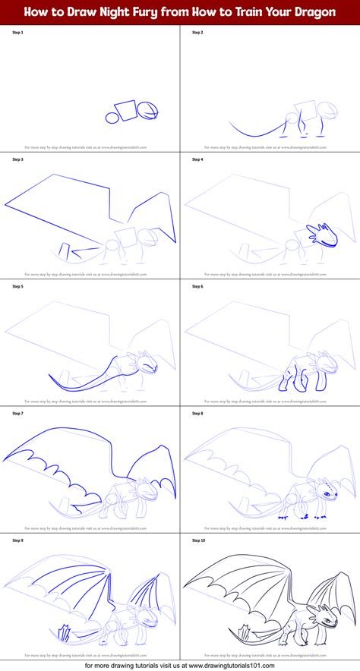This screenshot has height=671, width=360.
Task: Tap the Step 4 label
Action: (197, 160)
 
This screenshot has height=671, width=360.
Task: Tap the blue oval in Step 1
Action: (112, 118)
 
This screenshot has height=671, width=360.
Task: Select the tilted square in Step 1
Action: (128, 110)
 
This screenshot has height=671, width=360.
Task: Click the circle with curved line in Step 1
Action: (150, 110)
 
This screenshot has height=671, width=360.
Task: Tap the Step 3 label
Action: (16, 160)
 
